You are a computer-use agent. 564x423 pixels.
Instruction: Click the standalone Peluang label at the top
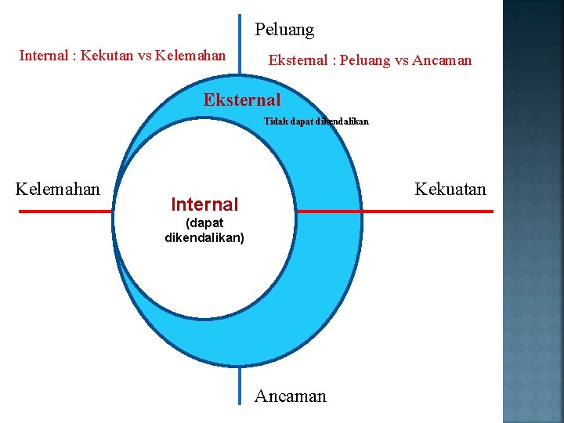pyautogui.click(x=284, y=31)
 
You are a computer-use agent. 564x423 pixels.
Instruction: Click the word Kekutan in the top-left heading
pyautogui.click(x=103, y=56)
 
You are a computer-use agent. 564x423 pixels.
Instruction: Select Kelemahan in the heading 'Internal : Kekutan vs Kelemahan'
pyautogui.click(x=190, y=56)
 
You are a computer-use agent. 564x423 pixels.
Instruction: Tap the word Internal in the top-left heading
pyautogui.click(x=43, y=56)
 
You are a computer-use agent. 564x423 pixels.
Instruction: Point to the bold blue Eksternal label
pyautogui.click(x=241, y=100)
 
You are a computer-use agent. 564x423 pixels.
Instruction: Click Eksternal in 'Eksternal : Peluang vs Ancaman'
pyautogui.click(x=298, y=60)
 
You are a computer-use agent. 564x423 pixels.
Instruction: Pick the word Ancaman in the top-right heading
pyautogui.click(x=442, y=60)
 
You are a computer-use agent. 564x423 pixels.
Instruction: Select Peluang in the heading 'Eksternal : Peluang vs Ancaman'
pyautogui.click(x=366, y=60)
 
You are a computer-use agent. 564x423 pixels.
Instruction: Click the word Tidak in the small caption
pyautogui.click(x=275, y=122)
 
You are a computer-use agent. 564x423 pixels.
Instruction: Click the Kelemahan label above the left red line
pyautogui.click(x=58, y=190)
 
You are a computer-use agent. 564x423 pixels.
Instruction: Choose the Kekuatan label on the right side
pyautogui.click(x=450, y=190)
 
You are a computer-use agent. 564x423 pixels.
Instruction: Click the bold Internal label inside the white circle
pyautogui.click(x=204, y=205)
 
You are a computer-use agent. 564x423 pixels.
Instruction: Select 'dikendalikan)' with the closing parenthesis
pyautogui.click(x=204, y=237)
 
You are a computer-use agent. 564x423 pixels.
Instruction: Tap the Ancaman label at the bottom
pyautogui.click(x=290, y=396)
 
